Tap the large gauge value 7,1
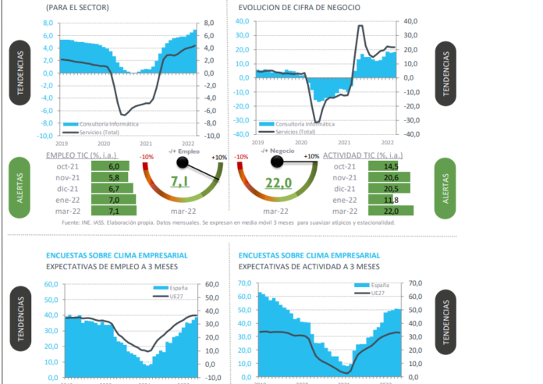pos(180,183)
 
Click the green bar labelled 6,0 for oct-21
pos(114,167)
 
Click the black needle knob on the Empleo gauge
pos(183,162)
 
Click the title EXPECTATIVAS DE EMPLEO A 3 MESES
pos(112,268)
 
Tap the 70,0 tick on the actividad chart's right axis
pos(414,283)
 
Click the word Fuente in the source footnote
pos(72,222)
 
